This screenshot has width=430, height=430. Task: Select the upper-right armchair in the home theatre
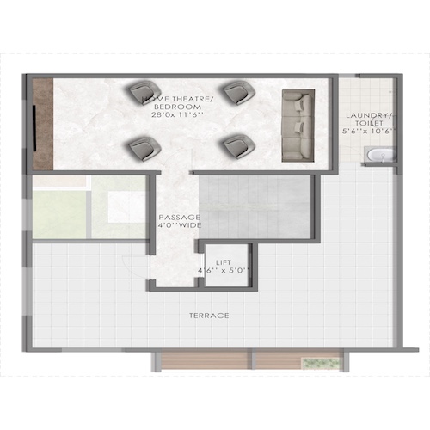[236, 91]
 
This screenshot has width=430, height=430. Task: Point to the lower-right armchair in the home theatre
[235, 145]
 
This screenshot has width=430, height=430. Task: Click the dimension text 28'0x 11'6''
[178, 114]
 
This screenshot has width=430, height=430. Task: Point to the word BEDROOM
[178, 107]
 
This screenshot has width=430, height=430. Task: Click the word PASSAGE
[179, 217]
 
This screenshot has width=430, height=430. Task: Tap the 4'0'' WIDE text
[179, 226]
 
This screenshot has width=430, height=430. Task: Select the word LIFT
[223, 261]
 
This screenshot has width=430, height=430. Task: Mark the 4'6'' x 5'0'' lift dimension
[223, 271]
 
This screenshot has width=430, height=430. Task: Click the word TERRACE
[209, 316]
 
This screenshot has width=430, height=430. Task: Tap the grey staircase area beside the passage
[254, 206]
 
